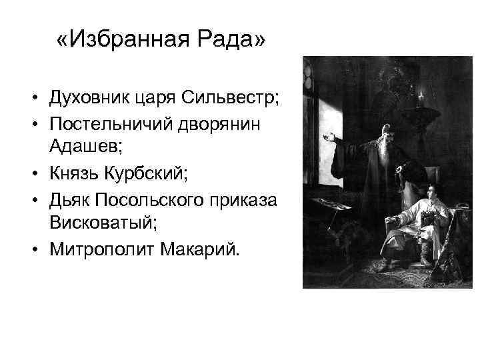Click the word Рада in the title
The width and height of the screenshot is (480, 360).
pyautogui.click(x=227, y=41)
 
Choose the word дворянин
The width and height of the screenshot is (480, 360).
pyautogui.click(x=219, y=125)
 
